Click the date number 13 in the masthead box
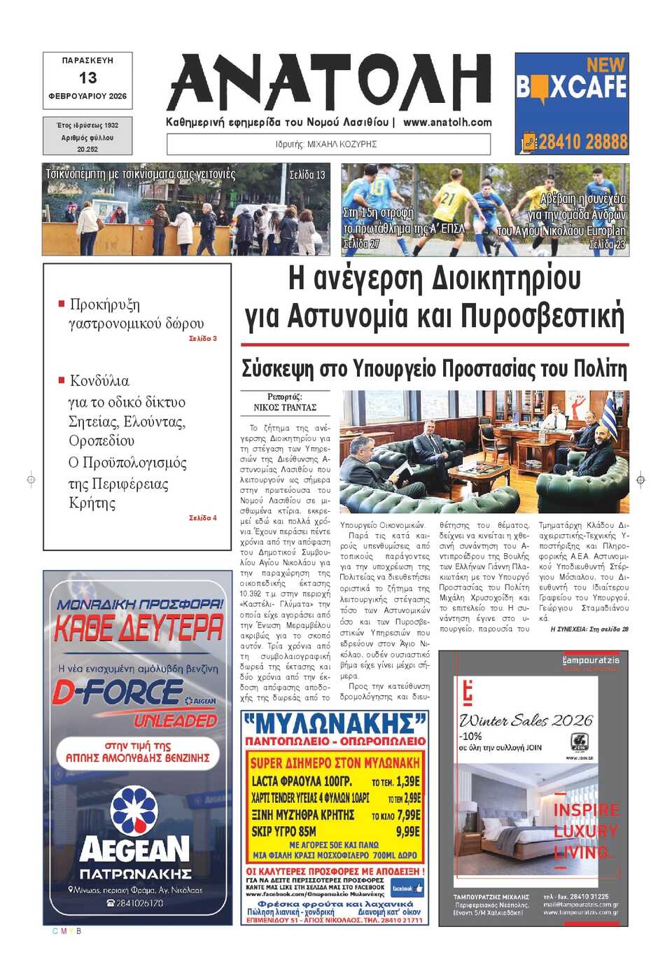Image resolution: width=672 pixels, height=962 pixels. pyautogui.click(x=87, y=78)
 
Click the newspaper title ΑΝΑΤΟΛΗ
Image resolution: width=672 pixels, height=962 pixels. pyautogui.click(x=329, y=83)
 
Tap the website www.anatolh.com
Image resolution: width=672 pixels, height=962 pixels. pyautogui.click(x=447, y=122)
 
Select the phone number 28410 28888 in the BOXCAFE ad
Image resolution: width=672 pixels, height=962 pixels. pyautogui.click(x=582, y=142)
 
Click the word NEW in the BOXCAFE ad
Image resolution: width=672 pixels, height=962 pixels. pyautogui.click(x=605, y=64)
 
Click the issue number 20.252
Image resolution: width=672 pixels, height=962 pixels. pyautogui.click(x=87, y=149)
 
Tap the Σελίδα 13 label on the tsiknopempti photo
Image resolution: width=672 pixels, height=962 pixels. pyautogui.click(x=307, y=175)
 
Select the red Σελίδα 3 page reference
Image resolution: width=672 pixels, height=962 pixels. pyautogui.click(x=203, y=339)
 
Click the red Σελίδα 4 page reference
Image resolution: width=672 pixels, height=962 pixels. pyautogui.click(x=203, y=518)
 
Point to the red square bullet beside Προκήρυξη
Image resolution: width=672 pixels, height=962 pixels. pyautogui.click(x=62, y=304)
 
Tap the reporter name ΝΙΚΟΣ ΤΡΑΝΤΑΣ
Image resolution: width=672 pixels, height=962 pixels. pyautogui.click(x=285, y=407)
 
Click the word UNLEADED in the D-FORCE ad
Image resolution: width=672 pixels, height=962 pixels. pyautogui.click(x=176, y=720)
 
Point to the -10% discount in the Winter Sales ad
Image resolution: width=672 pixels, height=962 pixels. pyautogui.click(x=471, y=736)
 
